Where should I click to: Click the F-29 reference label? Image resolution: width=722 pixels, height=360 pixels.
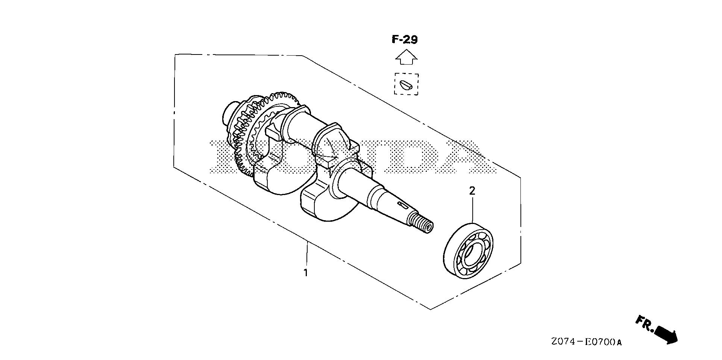pos(405,39)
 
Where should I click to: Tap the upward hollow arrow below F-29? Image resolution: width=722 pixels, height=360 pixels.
pos(406,57)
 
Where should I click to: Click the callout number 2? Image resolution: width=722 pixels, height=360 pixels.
pos(472,191)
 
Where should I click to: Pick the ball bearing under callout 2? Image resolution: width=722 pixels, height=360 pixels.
pos(469,251)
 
